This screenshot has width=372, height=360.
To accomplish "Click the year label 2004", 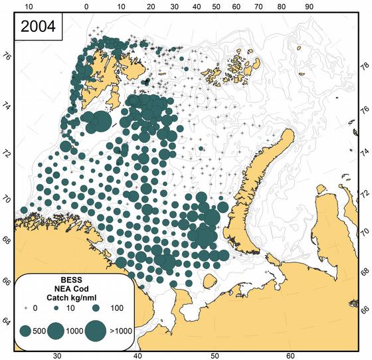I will pos(39,29).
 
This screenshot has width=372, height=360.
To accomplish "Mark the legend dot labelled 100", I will pos(96,309).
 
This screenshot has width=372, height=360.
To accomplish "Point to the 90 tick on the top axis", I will pos(308,7).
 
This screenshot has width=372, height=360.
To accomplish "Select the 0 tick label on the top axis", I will pos(87,7).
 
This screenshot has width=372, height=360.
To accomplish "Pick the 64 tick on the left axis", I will pos(7,322).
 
